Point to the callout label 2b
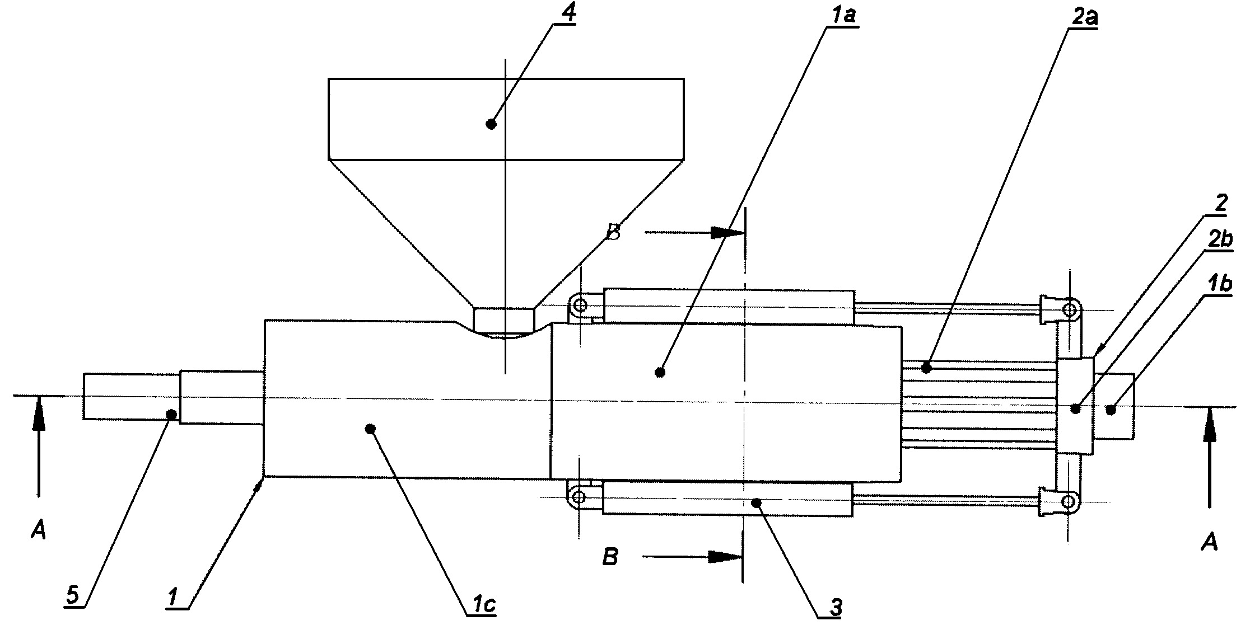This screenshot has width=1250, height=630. click(1219, 239)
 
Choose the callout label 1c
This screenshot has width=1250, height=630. click(482, 605)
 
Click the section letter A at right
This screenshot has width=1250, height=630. click(1210, 541)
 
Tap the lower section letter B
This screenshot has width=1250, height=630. click(610, 557)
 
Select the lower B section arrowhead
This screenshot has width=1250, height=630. click(725, 557)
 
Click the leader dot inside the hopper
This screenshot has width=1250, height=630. click(491, 124)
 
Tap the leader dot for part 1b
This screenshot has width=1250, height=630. click(1111, 410)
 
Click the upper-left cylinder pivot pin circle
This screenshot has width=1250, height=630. click(580, 305)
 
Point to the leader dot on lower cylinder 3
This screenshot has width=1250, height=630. click(756, 503)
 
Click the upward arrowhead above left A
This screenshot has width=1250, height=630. click(38, 413)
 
